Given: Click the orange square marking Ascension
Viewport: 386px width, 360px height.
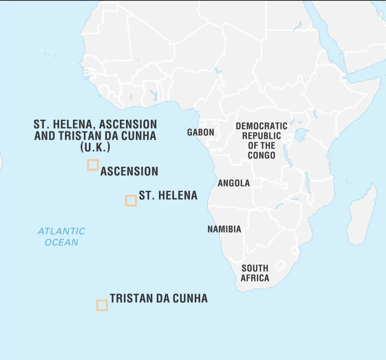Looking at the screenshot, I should [x=93, y=165].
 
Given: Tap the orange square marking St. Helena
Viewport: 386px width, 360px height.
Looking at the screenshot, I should [x=131, y=201].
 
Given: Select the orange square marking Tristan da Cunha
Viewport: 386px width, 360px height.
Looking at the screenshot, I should [x=102, y=305].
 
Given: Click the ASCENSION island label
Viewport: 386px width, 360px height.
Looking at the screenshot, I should [x=129, y=171].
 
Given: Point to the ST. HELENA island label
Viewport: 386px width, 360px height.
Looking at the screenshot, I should [x=168, y=195].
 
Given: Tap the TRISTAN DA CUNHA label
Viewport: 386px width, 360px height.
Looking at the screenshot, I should [x=159, y=299].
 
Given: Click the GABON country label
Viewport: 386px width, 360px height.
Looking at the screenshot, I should [x=201, y=132].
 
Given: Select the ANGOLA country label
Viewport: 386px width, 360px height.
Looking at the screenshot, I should [x=234, y=183].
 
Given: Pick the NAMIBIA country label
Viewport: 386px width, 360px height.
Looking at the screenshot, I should [x=224, y=229].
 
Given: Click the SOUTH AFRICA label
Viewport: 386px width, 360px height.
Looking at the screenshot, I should [x=255, y=273].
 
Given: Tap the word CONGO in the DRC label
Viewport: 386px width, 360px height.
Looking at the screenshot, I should [x=262, y=155].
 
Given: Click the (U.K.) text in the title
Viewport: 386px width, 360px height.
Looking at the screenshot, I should [x=95, y=147].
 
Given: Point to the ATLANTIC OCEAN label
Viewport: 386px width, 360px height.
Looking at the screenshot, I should [x=61, y=236].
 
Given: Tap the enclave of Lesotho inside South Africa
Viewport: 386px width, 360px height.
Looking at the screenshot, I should [x=280, y=266].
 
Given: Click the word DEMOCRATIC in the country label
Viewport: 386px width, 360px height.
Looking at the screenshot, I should [x=262, y=126].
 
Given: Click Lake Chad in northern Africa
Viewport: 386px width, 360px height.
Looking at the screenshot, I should [x=218, y=71].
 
